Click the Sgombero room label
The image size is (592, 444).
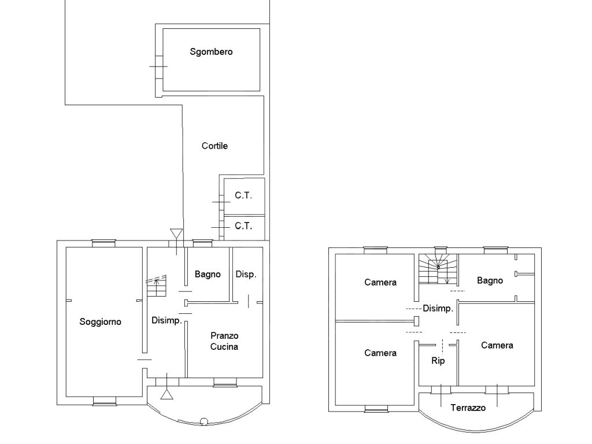211,51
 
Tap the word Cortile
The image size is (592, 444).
214,146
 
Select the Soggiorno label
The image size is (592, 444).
100,322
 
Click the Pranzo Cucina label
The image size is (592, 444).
224,341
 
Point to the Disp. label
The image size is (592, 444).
246,275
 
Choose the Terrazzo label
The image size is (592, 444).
468,408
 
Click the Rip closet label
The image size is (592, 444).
438,361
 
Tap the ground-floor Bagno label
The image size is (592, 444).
208,275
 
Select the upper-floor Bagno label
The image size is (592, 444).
490,280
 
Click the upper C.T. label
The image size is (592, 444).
243,195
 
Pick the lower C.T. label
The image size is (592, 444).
243,226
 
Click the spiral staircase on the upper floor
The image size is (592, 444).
438,269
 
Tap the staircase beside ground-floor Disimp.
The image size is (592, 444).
156,286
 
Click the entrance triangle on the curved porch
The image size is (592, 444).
166,394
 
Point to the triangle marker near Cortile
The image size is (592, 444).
176,234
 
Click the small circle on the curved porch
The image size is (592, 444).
204,421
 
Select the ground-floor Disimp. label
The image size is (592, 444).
166,320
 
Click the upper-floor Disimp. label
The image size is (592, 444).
438,309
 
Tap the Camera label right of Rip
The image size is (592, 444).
497,346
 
